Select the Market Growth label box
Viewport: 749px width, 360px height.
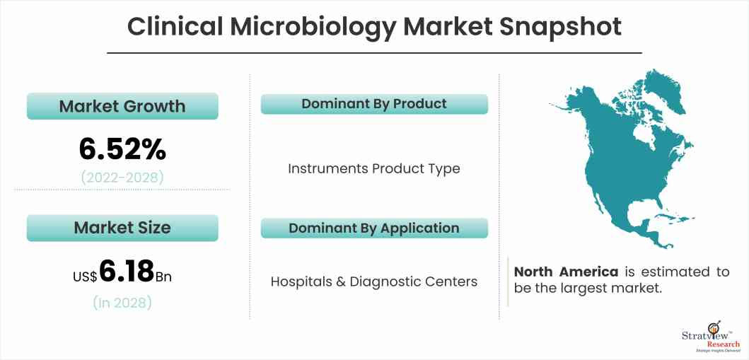pos(122,106)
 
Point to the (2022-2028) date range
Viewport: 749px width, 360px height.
pos(122,177)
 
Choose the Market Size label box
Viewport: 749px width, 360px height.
pos(122,228)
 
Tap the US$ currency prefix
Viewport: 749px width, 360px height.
pos(85,277)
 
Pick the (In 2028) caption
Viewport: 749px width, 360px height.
pos(122,303)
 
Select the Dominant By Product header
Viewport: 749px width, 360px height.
pos(374,104)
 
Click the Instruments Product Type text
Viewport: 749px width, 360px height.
pos(374,168)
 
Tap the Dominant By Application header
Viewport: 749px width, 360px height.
pos(374,228)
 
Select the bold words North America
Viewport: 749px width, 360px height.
pos(566,272)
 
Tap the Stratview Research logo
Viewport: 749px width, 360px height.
pos(707,336)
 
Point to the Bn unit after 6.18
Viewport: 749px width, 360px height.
pos(163,276)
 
